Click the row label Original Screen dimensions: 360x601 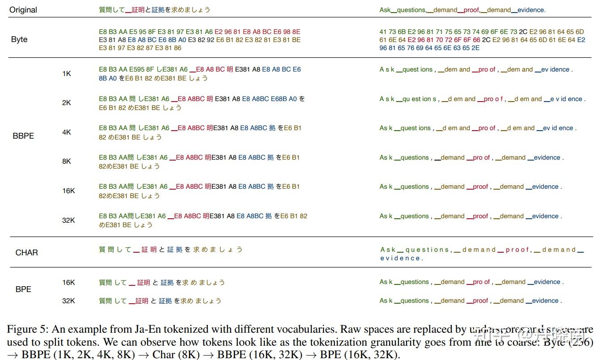(23, 10)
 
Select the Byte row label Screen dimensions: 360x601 (19, 39)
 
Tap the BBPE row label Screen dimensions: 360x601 (23, 136)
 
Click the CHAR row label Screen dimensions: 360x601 (27, 253)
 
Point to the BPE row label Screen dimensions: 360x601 (23, 289)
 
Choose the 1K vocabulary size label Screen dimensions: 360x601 (67, 73)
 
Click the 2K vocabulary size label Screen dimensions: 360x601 (67, 103)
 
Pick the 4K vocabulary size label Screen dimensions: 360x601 (67, 132)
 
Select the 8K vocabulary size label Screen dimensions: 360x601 (67, 161)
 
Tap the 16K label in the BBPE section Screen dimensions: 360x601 (68, 191)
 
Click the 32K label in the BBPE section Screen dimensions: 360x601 (68, 220)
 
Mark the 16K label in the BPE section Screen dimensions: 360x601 (68, 282)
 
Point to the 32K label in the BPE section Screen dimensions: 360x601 (68, 301)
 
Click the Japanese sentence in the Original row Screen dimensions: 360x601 (155, 10)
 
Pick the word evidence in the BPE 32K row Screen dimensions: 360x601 (545, 301)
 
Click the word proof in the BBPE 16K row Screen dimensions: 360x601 (480, 187)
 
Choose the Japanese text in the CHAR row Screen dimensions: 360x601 (171, 250)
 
